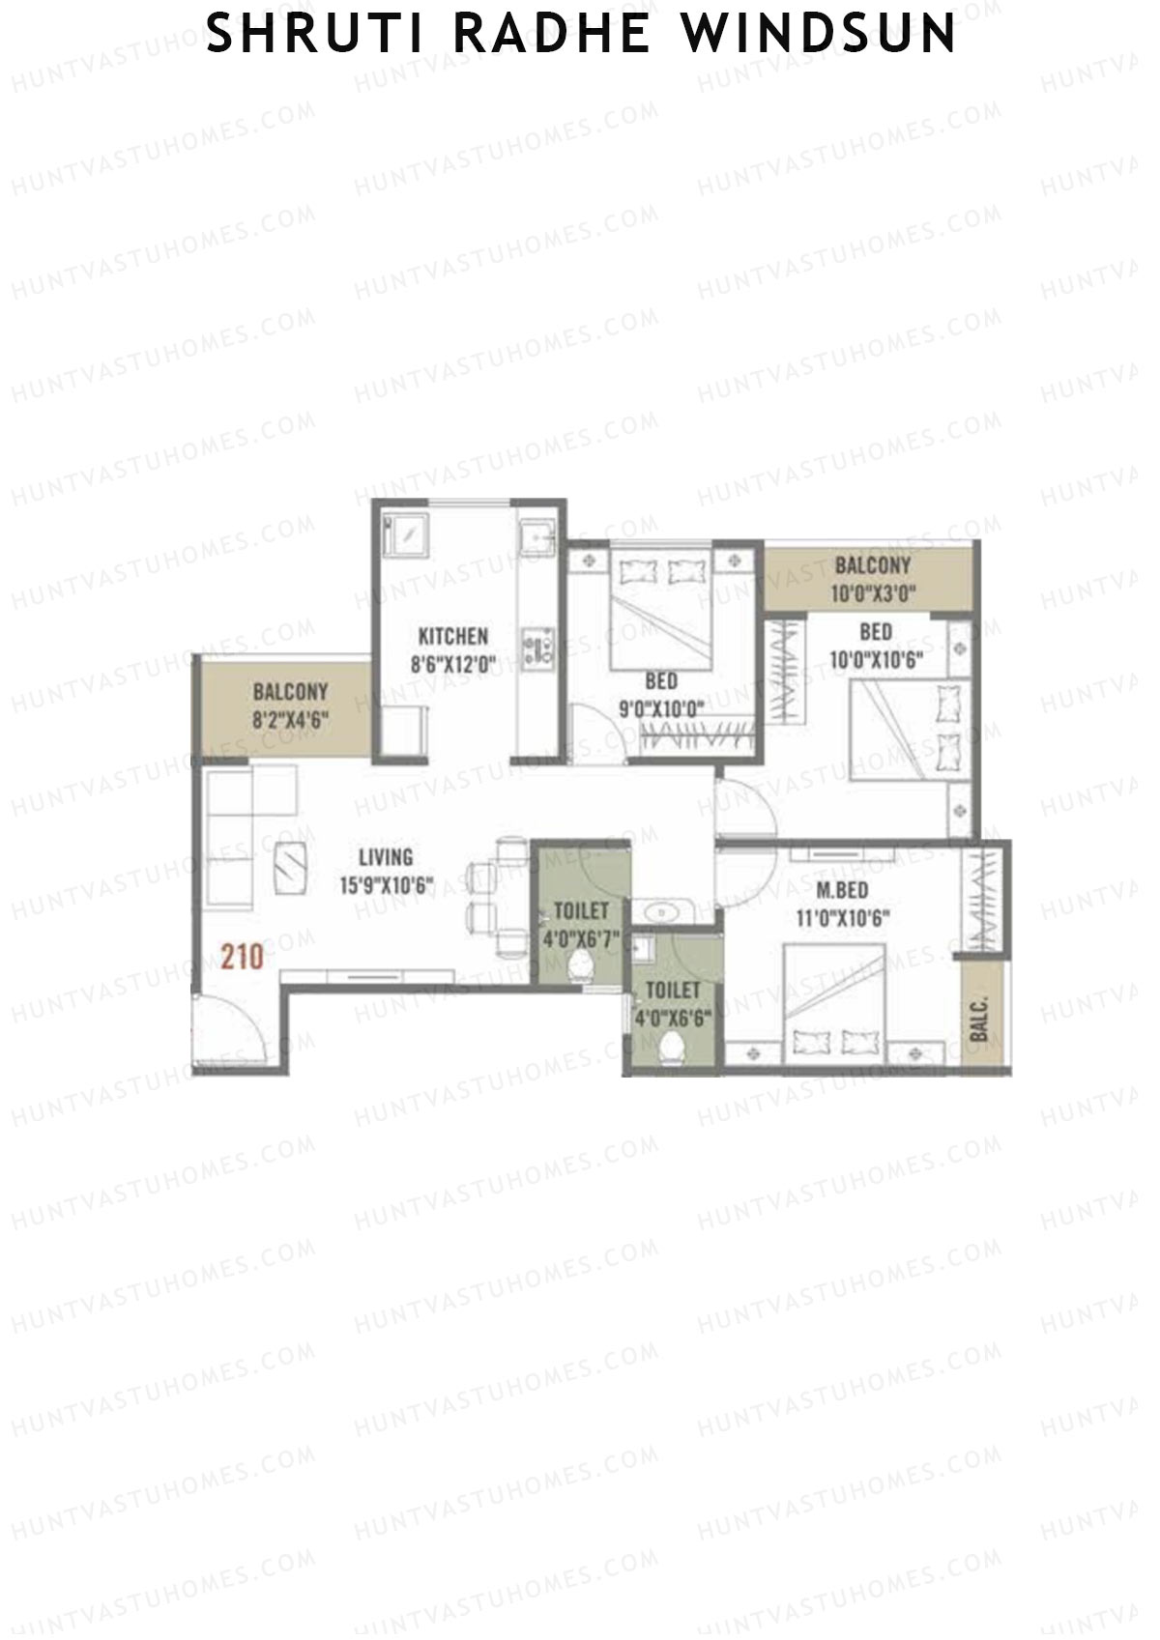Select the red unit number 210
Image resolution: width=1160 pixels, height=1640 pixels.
tap(242, 957)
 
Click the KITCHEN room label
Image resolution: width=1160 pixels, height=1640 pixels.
tap(452, 636)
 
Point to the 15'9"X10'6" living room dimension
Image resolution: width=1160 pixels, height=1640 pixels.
tap(386, 885)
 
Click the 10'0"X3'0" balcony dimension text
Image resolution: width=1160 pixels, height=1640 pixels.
tap(873, 593)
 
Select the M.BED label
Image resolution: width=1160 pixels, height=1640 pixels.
tap(842, 890)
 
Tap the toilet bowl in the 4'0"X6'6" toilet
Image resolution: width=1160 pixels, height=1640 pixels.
tap(670, 1049)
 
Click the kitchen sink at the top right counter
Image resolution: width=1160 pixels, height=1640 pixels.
tap(535, 535)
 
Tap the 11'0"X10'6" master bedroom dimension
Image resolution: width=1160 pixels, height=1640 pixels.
tap(842, 918)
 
